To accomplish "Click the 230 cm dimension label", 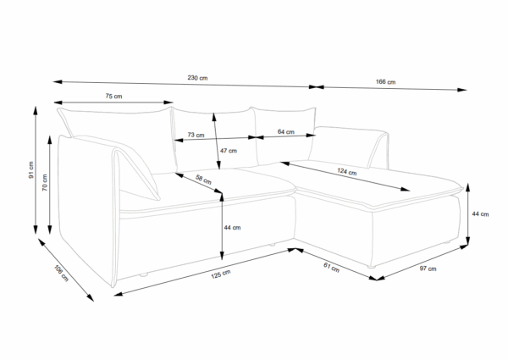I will tap(198, 78).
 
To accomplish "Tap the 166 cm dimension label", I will tap(385, 81).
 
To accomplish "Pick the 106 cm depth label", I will tap(60, 273).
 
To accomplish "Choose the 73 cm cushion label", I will tap(196, 134).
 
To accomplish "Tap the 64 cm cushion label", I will tap(285, 132).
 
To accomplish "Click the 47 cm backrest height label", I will tap(228, 150).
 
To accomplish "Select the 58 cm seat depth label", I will tap(203, 180).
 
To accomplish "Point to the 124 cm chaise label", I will tap(345, 172).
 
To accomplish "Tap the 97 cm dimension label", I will tap(428, 269).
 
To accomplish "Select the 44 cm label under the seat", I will tap(231, 227).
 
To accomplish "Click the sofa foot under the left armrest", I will tap(145, 276).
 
